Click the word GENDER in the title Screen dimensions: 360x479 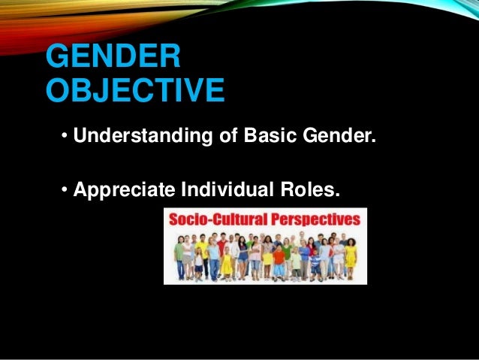pos(113,59)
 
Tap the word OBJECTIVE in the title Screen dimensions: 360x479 pos(135,92)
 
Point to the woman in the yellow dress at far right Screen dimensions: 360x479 pos(350,256)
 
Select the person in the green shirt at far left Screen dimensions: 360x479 pos(179,256)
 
